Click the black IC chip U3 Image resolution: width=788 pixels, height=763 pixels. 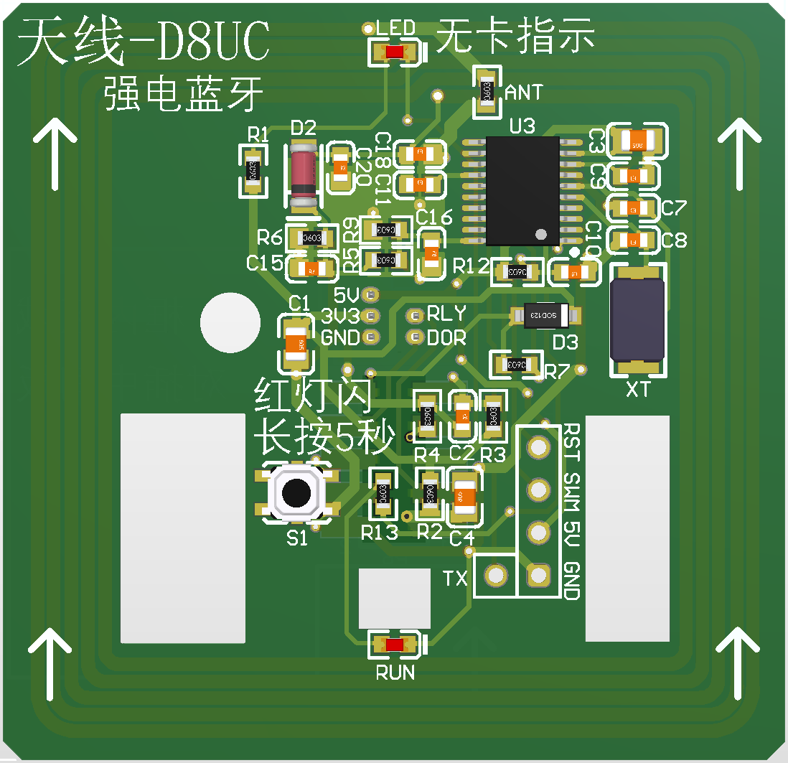522,190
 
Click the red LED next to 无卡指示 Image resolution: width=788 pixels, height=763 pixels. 393,52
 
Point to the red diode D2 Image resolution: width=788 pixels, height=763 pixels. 304,174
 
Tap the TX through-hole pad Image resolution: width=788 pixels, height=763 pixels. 494,575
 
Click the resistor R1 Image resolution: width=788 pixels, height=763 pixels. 252,171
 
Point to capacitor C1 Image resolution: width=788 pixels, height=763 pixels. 296,345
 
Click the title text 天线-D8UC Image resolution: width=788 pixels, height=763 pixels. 144,43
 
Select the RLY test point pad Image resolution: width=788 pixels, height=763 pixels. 414,315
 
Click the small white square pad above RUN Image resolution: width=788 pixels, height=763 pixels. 394,597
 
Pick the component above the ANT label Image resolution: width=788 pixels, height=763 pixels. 486,91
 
